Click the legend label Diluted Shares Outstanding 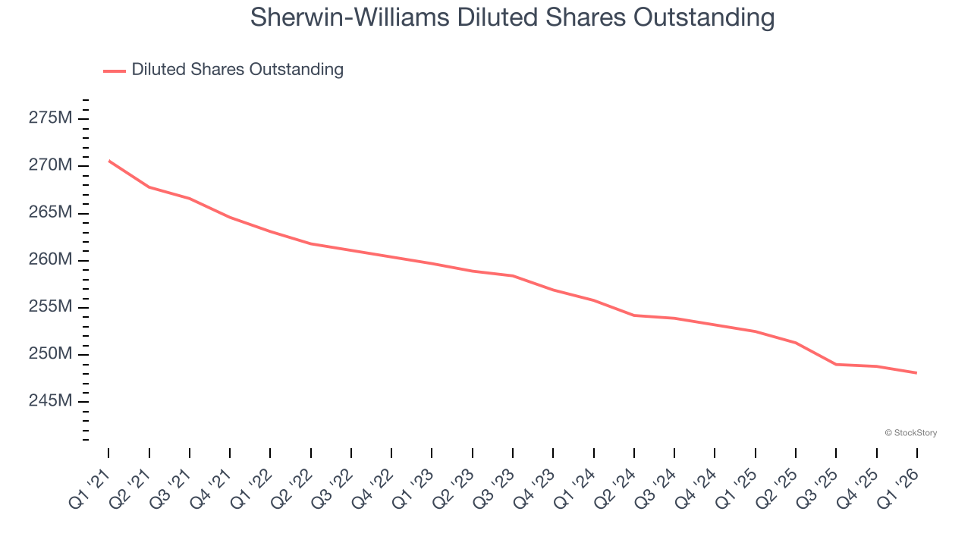tap(237, 70)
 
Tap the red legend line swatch tap(115, 71)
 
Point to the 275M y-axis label tap(51, 118)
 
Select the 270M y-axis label tap(51, 165)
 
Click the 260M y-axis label tap(51, 260)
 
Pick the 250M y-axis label tap(51, 354)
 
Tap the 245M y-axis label tap(51, 401)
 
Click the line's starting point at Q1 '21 tap(108, 161)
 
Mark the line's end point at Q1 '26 tap(917, 373)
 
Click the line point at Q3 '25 tap(836, 365)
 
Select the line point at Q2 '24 tap(634, 315)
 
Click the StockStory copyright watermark tap(910, 433)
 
